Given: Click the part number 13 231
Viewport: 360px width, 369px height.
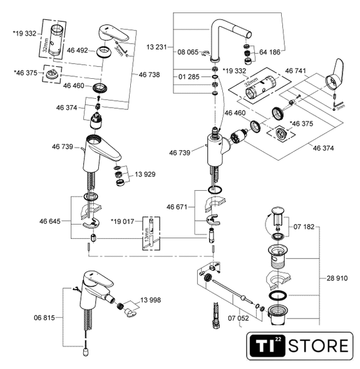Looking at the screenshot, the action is tap(157, 47).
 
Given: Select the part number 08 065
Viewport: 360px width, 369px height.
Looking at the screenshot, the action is tap(188, 52).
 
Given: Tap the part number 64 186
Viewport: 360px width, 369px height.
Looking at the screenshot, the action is tap(270, 52).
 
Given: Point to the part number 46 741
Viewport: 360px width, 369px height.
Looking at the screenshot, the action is tap(296, 71).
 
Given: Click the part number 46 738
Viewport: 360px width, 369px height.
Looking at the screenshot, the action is tap(149, 74).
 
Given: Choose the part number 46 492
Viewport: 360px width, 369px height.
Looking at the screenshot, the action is tap(77, 51).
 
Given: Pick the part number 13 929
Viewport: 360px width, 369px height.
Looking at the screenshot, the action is tap(145, 174).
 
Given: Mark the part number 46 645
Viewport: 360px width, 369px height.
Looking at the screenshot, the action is tap(49, 221).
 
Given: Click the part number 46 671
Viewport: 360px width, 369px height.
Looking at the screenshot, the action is tap(177, 207).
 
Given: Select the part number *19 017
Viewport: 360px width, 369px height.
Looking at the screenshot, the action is tap(122, 221).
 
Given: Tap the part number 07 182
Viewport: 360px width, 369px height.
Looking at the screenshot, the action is tap(304, 227).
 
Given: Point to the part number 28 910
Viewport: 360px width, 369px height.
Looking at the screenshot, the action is tap(337, 278).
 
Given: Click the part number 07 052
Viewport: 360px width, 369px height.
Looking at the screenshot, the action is tap(238, 318).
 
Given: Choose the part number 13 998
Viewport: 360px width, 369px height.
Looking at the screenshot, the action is tap(150, 300).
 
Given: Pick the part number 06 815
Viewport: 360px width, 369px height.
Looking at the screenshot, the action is tap(44, 318).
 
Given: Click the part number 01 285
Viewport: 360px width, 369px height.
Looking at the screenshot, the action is tap(188, 77).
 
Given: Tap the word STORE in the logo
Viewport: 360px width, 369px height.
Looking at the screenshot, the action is tap(318, 346).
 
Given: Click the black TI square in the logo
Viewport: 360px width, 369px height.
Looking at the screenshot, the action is tap(267, 346).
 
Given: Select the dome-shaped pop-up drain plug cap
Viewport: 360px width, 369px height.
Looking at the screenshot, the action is tap(278, 211).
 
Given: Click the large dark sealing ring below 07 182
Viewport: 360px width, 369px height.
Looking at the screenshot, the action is tap(278, 296).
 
